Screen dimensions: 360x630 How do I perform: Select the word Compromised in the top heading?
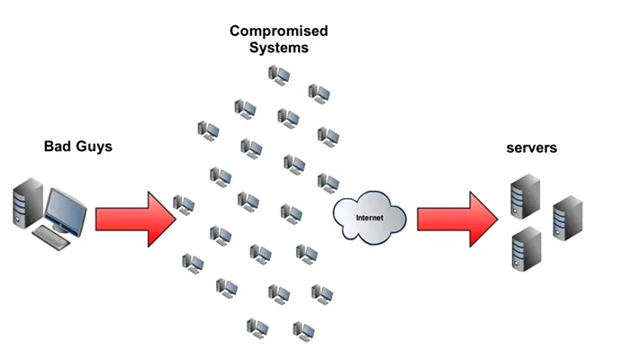(278, 31)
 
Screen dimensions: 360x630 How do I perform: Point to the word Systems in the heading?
(278, 49)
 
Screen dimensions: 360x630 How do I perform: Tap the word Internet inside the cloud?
(369, 218)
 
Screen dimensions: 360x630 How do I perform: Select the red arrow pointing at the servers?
(454, 217)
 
